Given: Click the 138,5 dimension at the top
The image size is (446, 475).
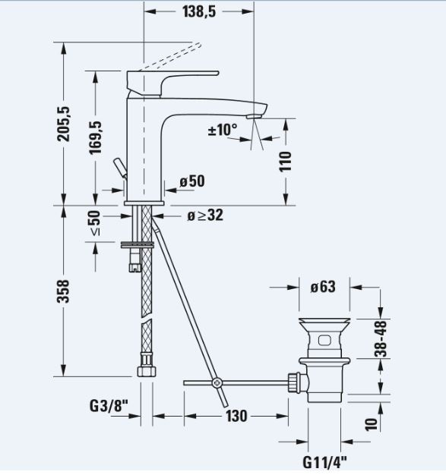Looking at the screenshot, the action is pyautogui.click(x=199, y=11).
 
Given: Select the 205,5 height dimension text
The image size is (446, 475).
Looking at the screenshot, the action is pyautogui.click(x=64, y=124).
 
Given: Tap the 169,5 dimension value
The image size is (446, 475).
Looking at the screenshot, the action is pyautogui.click(x=96, y=137).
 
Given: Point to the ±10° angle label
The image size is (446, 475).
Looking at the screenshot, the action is pyautogui.click(x=223, y=130).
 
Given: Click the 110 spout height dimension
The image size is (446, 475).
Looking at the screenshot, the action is pyautogui.click(x=285, y=162).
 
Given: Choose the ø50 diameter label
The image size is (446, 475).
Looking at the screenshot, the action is pyautogui.click(x=192, y=181).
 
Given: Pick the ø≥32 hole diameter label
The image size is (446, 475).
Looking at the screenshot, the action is pyautogui.click(x=205, y=215).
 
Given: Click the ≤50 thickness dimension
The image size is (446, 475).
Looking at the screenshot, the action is pyautogui.click(x=95, y=223).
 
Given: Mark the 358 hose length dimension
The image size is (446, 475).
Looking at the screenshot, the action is pyautogui.click(x=64, y=291).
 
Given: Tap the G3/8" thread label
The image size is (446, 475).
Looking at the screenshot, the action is pyautogui.click(x=109, y=406).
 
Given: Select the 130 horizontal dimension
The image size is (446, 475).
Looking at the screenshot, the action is pyautogui.click(x=236, y=416).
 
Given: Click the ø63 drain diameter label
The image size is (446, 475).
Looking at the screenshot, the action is pyautogui.click(x=323, y=287).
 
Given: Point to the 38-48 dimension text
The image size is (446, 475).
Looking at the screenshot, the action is pyautogui.click(x=381, y=338).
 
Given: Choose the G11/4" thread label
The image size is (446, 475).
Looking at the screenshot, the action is pyautogui.click(x=324, y=462).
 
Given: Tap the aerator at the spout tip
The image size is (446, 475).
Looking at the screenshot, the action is pyautogui.click(x=255, y=116).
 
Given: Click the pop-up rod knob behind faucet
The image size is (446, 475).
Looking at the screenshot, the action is pyautogui.click(x=119, y=168).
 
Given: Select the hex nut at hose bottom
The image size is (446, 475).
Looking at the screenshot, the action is pyautogui.click(x=147, y=371).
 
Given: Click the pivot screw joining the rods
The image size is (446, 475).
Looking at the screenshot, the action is pyautogui.click(x=217, y=383).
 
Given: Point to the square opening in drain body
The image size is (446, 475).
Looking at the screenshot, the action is pyautogui.click(x=324, y=340).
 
